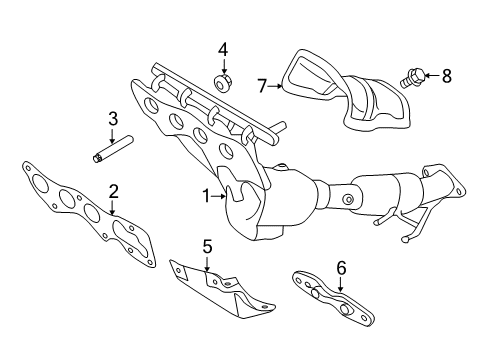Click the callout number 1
click(207, 196)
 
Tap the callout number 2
click(113, 192)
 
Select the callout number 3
click(113, 119)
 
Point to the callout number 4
click(223, 50)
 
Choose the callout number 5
click(207, 247)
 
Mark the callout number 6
click(341, 268)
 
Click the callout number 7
click(262, 86)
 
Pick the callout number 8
click(447, 76)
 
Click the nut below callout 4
click(222, 82)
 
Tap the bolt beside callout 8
click(412, 78)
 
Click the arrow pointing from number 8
click(433, 76)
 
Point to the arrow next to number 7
click(275, 86)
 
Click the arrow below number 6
click(340, 284)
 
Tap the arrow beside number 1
click(219, 196)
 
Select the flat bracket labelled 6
click(333, 298)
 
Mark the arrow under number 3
click(112, 136)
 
